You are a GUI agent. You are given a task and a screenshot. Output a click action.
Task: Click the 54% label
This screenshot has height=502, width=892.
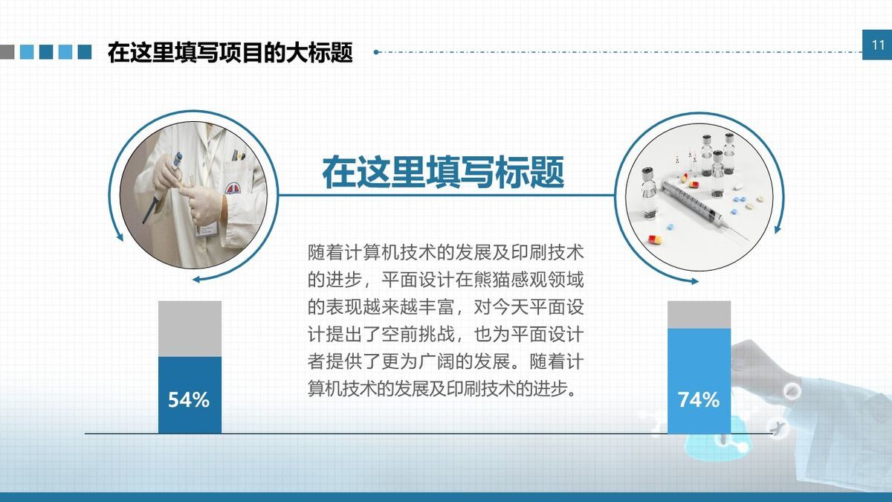point(189,400)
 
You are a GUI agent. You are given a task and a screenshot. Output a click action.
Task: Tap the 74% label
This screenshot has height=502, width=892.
point(698,400)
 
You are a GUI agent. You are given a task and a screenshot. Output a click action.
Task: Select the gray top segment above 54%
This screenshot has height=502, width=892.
point(190,329)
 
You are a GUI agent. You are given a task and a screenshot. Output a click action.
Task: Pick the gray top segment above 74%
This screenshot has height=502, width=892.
point(699,315)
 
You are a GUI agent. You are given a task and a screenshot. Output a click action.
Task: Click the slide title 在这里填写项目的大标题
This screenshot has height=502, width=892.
point(230,53)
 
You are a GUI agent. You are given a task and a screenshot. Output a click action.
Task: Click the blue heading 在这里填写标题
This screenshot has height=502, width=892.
point(443,173)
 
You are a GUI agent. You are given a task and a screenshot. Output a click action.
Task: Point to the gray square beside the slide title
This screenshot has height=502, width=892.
point(7,51)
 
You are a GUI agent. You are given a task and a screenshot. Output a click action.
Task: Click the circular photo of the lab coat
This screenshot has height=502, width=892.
point(193,194)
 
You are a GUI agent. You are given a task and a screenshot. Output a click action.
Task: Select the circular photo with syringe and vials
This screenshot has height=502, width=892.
point(696,194)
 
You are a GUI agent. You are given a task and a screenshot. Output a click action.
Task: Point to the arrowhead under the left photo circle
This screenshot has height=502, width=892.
point(197,280)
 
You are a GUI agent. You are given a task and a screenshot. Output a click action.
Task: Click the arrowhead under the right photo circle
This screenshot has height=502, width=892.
point(694,281)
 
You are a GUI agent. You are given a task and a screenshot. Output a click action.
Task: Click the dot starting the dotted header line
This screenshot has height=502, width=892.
point(376,52)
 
